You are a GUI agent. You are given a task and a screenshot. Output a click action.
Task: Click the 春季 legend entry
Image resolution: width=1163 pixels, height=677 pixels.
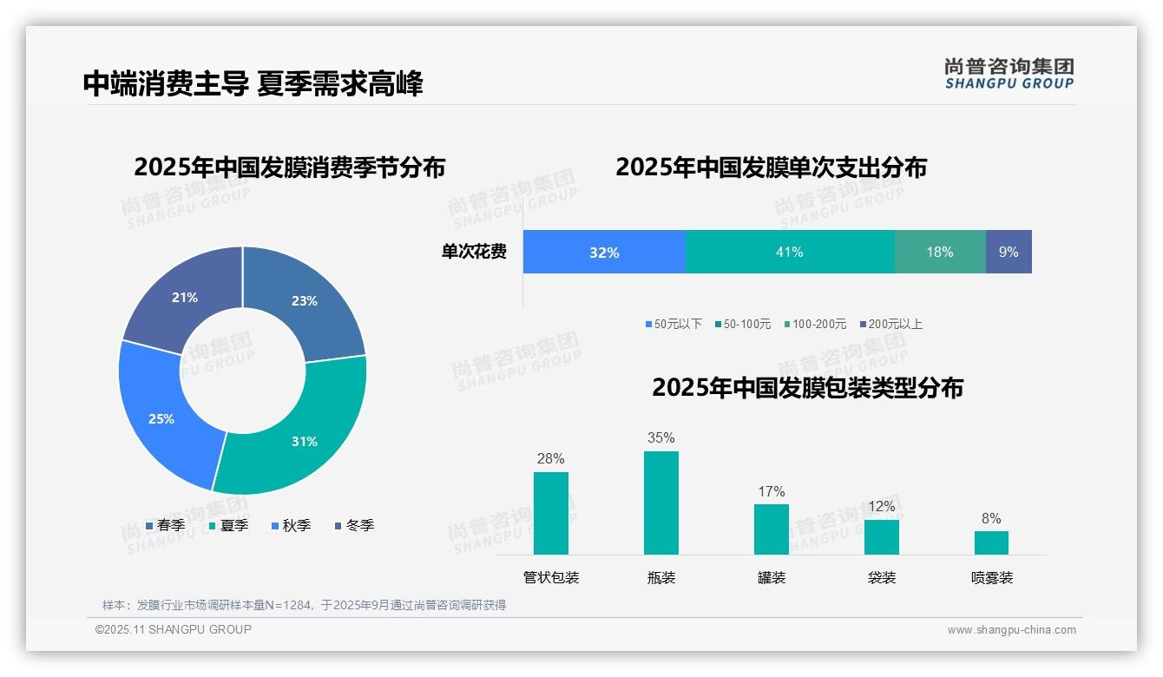(x=165, y=525)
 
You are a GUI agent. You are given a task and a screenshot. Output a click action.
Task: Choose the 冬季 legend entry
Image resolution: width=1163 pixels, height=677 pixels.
(x=354, y=525)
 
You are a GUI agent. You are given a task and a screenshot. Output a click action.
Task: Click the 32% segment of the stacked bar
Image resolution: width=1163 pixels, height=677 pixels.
(x=604, y=252)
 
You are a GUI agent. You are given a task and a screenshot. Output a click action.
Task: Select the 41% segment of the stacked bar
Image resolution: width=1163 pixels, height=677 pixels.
(x=789, y=252)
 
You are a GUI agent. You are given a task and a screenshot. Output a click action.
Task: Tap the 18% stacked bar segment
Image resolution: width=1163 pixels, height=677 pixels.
(x=939, y=252)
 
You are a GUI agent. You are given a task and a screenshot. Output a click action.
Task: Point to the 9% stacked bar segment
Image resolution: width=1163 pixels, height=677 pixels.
(x=1009, y=252)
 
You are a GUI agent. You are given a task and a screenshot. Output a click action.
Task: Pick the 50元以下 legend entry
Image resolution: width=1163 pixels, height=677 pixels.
(x=673, y=324)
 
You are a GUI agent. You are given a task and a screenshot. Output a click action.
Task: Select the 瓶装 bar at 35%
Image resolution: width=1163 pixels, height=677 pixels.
(x=660, y=503)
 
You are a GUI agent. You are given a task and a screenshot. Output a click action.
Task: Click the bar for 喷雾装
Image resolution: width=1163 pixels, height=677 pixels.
(x=991, y=542)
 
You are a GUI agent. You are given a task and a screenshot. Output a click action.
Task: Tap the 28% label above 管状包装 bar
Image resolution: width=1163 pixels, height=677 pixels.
(x=550, y=458)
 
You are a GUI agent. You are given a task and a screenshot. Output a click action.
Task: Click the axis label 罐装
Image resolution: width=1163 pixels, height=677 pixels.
(x=771, y=577)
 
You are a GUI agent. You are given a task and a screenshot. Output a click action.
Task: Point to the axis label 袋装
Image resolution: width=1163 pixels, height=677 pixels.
(x=881, y=577)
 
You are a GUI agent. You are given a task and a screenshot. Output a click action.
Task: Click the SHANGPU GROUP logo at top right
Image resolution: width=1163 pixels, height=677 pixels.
(x=1009, y=74)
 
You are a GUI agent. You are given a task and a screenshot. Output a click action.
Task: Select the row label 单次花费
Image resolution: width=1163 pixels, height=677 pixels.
(x=474, y=252)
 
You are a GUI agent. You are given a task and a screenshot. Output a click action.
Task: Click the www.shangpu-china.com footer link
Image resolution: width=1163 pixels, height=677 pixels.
(x=1011, y=629)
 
